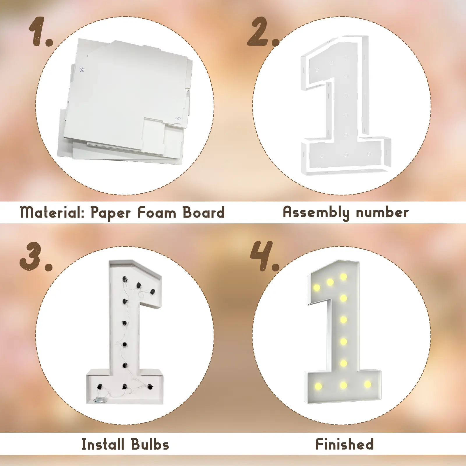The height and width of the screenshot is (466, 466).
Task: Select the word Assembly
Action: (x=316, y=213)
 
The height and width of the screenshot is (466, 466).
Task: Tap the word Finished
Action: (x=344, y=444)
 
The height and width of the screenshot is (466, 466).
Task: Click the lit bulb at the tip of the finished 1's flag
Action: (x=316, y=288)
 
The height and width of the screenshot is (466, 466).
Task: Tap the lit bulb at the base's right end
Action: (x=368, y=384)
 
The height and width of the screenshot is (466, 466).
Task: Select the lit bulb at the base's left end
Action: (x=318, y=386)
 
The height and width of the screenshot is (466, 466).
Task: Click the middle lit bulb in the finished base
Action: (x=343, y=385)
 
